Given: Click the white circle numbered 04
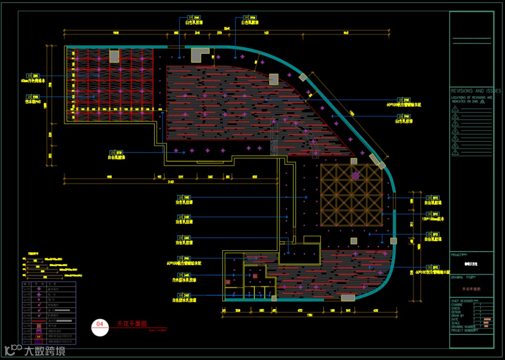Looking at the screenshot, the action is click(100, 327).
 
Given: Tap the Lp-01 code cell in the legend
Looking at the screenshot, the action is click(27, 289).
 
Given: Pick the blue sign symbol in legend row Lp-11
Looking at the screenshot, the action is click(38, 341).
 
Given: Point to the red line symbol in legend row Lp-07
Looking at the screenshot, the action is click(64, 321).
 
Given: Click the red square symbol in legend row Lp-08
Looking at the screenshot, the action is click(38, 326).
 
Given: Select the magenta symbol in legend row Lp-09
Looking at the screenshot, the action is click(38, 331).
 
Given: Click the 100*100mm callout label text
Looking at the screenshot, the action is click(433, 218).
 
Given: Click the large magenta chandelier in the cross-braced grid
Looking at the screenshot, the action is click(355, 175).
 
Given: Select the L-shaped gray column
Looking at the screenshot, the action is click(198, 54).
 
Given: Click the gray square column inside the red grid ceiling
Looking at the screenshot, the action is click(114, 56).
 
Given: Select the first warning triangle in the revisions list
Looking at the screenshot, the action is click(455, 109).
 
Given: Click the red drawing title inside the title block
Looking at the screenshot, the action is click(471, 289).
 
